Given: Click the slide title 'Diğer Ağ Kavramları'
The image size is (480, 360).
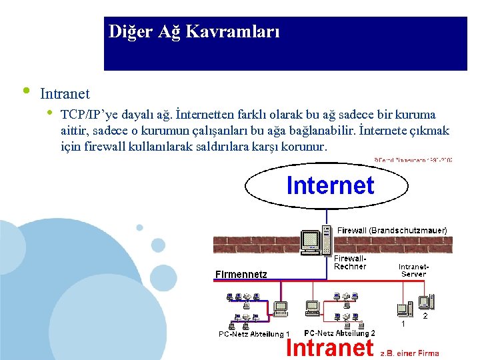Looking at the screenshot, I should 194,32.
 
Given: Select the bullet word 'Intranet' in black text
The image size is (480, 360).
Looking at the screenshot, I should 65,94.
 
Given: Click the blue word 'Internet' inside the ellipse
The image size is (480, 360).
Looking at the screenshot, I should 330,185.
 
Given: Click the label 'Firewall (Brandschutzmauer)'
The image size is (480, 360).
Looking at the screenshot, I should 392,230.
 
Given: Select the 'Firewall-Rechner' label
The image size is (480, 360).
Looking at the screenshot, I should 350,262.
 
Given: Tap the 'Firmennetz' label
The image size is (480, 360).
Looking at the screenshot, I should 241,274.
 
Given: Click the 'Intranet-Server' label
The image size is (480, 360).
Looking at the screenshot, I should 413,270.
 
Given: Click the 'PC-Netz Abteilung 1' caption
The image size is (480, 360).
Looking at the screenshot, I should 254,334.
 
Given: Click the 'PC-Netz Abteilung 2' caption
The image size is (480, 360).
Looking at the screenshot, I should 339,333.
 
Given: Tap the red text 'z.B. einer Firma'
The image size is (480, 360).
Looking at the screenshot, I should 409,353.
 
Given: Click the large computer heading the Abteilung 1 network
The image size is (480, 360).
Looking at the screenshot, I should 280,308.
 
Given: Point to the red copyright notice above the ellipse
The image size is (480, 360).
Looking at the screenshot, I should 413,160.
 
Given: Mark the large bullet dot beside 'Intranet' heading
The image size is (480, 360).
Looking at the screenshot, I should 25,90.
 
